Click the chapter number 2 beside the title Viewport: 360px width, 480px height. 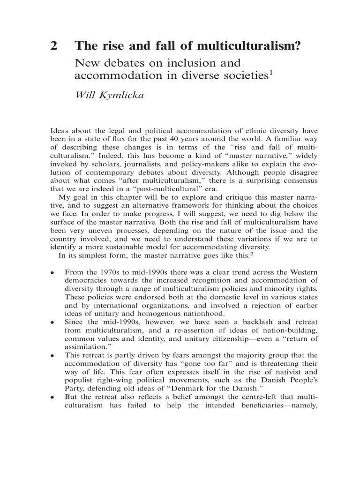pos(54,46)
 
